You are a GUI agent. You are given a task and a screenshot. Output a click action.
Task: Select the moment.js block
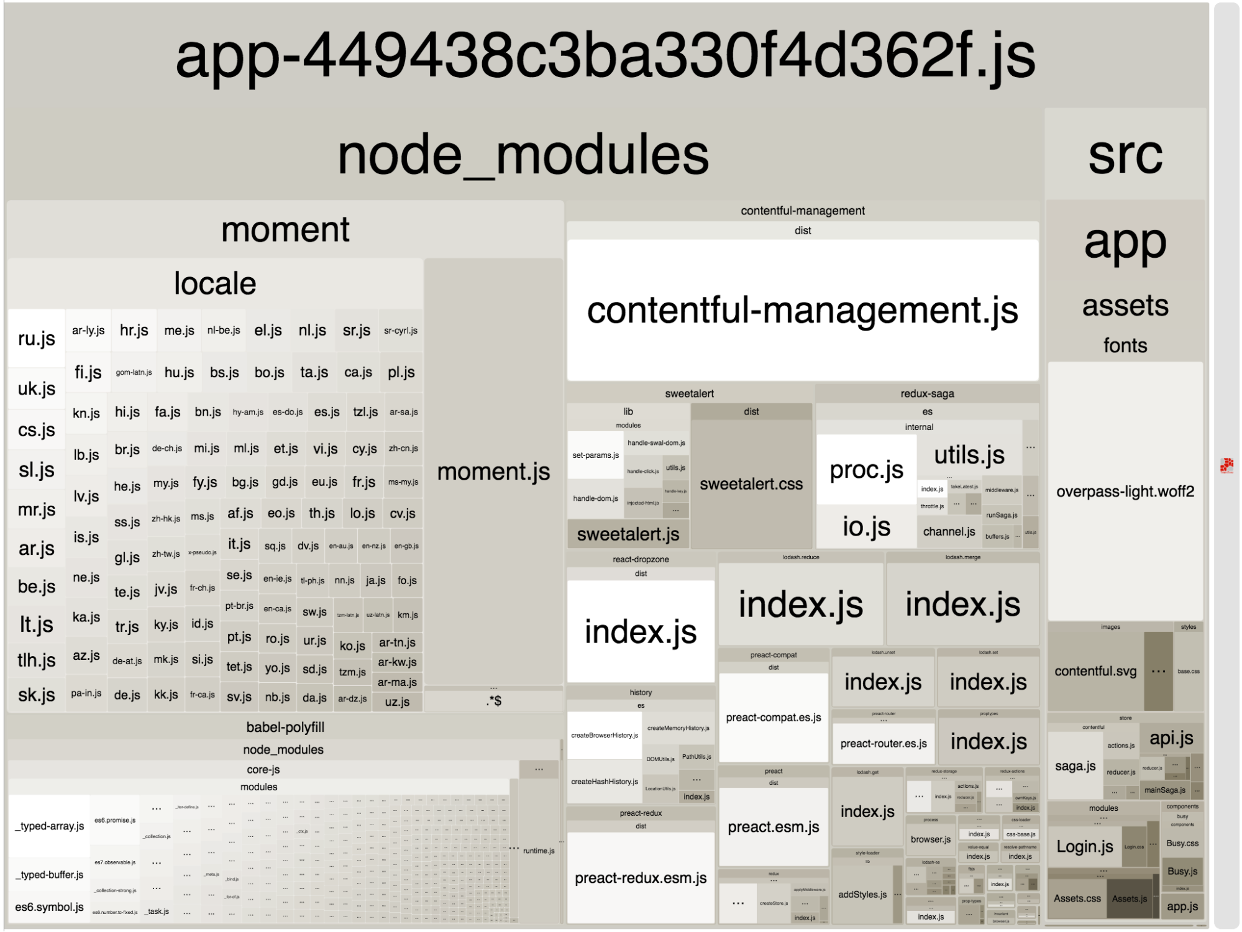[493, 472]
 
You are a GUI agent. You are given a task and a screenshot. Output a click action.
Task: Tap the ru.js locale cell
[37, 338]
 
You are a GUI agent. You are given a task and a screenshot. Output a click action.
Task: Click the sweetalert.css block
[751, 483]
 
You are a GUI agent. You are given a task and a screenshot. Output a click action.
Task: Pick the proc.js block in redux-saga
[866, 470]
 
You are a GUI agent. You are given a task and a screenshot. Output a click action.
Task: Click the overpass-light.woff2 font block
[1125, 491]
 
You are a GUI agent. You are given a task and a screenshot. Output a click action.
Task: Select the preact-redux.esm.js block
[641, 877]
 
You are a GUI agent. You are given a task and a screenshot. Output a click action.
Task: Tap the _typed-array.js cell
[50, 826]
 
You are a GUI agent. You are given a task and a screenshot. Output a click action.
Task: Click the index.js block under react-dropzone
[641, 631]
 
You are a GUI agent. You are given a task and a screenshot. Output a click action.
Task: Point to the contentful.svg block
[1095, 671]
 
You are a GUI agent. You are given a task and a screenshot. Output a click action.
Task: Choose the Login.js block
[1085, 846]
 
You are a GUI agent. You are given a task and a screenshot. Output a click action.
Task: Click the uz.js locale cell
[397, 701]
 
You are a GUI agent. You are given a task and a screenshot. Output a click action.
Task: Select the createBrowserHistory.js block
[605, 735]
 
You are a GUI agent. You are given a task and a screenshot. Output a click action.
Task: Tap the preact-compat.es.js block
[774, 717]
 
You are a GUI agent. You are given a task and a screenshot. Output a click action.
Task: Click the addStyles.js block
[862, 894]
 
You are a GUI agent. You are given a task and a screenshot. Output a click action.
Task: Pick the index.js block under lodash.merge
[962, 604]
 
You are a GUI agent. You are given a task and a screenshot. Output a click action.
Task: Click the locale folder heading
[215, 283]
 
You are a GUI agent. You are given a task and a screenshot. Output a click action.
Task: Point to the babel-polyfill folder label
[285, 727]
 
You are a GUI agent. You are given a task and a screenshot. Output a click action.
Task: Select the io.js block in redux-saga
[866, 526]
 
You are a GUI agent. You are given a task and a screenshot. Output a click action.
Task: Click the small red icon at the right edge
[1226, 465]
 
